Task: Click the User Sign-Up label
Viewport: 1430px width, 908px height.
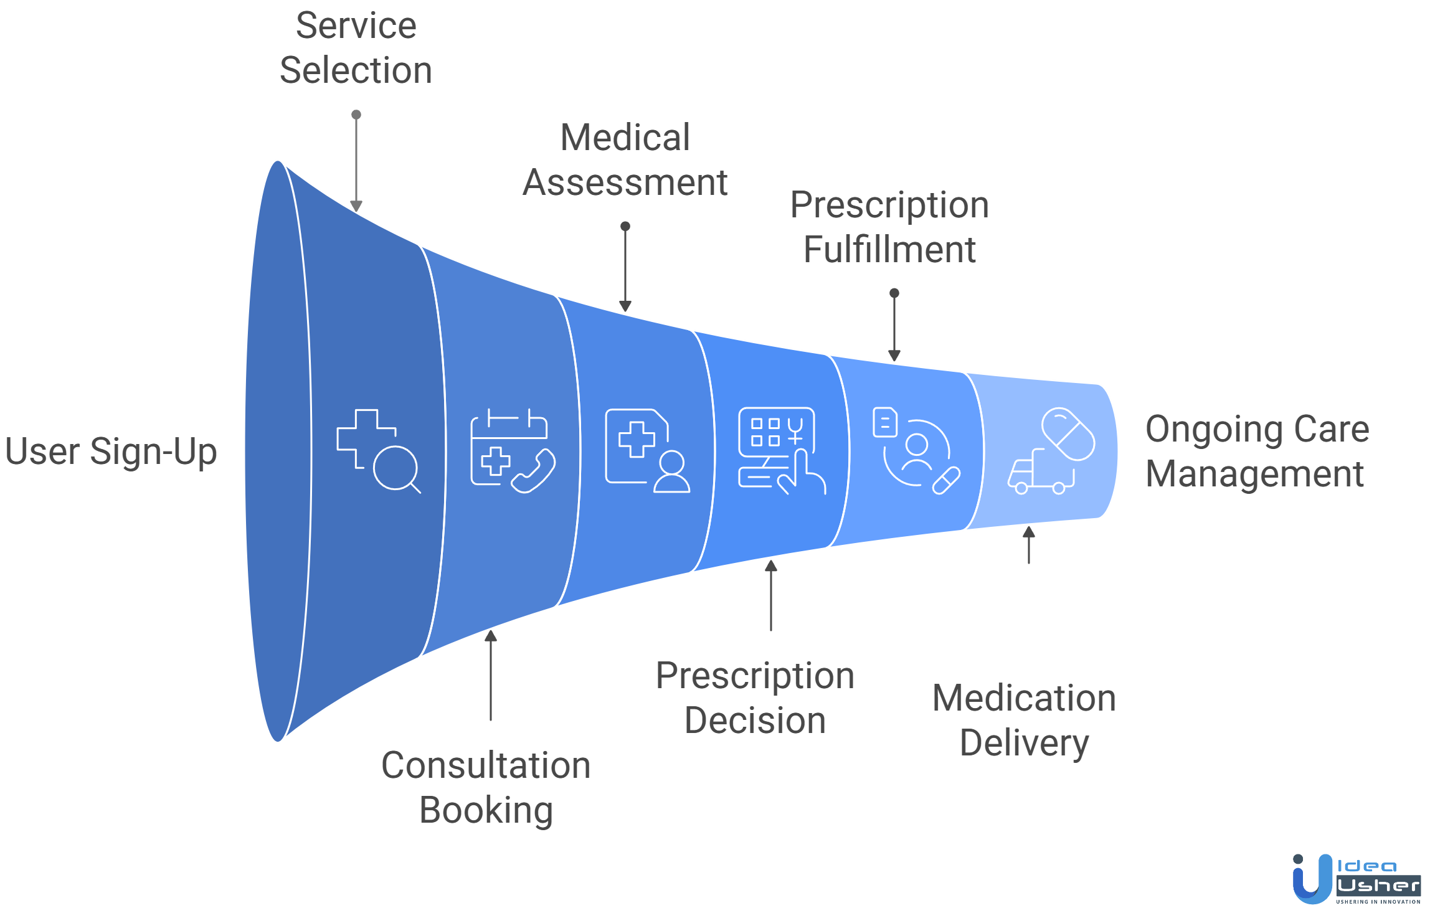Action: click(111, 452)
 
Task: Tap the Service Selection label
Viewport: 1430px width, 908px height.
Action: click(356, 48)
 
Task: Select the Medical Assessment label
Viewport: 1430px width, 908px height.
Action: click(625, 160)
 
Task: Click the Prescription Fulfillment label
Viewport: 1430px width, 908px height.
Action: click(889, 227)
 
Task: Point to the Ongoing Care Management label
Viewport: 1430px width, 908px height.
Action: click(1257, 452)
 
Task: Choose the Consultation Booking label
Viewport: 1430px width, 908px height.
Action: click(486, 787)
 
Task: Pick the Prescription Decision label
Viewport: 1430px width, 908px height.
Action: click(755, 698)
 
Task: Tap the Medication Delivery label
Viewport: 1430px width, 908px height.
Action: click(1024, 721)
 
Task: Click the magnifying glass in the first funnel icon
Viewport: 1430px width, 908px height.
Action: click(396, 468)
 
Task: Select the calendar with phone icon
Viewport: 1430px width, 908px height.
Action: click(512, 451)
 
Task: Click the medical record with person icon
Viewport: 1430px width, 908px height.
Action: click(647, 450)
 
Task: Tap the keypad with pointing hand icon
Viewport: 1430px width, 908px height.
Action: click(782, 450)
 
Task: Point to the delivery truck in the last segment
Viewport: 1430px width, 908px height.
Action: click(1039, 473)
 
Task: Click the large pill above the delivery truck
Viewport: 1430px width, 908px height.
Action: click(1068, 434)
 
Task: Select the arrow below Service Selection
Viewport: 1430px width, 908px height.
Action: click(356, 162)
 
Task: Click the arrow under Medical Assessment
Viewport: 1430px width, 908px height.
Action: click(625, 268)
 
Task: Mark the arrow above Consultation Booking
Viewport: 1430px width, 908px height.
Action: click(491, 675)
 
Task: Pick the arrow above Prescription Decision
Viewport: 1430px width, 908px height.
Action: click(771, 595)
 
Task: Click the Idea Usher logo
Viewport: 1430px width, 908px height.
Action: click(1356, 879)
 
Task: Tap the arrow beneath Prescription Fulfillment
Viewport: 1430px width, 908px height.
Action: click(894, 326)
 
